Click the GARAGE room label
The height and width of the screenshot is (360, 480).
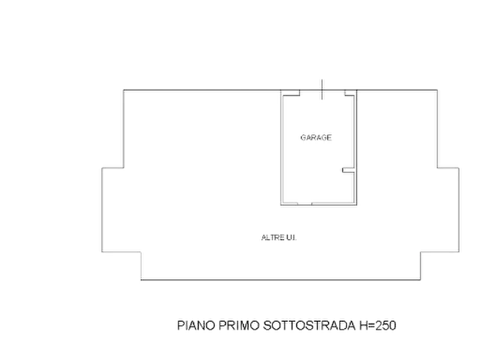(316, 138)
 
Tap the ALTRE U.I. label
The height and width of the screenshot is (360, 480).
(279, 237)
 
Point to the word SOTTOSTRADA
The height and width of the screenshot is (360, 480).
(309, 325)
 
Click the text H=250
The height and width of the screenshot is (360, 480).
(378, 325)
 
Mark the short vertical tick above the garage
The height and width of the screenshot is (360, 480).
(322, 89)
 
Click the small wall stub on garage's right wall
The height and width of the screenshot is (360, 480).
(348, 170)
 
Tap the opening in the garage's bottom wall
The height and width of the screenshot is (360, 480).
(305, 204)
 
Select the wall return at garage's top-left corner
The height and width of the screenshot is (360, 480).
(291, 93)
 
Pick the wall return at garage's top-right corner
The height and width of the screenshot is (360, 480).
(350, 93)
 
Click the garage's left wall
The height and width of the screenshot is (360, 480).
(282, 148)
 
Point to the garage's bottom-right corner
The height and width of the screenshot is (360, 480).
(356, 205)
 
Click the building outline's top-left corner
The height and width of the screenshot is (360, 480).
(124, 90)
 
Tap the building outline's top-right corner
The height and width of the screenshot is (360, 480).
(437, 90)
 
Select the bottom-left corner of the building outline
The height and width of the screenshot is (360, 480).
(141, 279)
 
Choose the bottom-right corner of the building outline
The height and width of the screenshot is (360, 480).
(420, 279)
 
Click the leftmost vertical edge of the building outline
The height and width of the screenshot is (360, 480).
(102, 210)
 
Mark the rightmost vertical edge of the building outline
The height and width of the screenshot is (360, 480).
(458, 210)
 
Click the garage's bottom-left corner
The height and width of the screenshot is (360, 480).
(281, 205)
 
